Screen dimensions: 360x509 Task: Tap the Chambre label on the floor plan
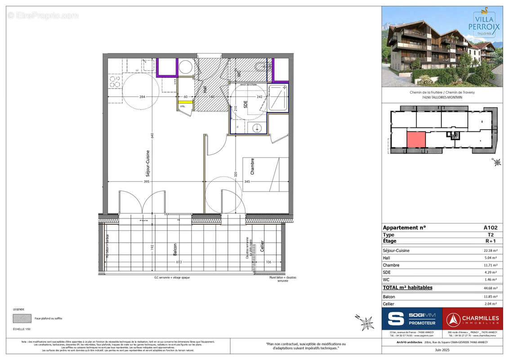coord(252,166)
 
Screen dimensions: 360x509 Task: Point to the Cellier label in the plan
coord(262,247)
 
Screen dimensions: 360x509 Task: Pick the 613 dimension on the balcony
coord(179,262)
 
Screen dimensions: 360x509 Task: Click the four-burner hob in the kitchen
coord(115,81)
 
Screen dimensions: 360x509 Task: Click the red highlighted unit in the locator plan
coord(416,139)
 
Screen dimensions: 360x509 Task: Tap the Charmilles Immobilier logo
coord(473,319)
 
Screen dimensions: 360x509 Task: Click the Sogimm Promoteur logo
coord(412,319)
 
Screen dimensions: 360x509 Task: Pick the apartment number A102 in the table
coord(491,228)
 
